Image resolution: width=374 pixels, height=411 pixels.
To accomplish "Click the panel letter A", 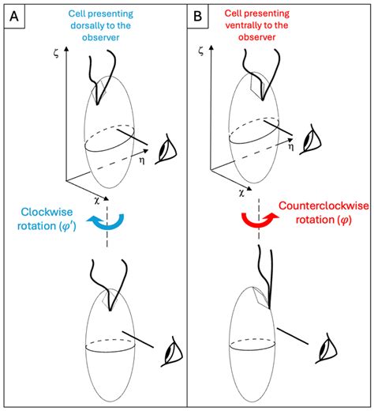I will (14, 14).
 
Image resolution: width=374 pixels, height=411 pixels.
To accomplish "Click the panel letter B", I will (200, 14).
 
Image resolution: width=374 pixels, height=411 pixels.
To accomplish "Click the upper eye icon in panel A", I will (168, 148).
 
